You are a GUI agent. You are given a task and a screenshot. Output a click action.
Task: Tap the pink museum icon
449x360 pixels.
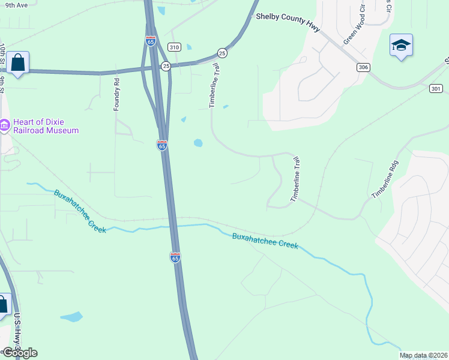click(4, 125)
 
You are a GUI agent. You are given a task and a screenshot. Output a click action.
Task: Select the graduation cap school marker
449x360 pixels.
click(401, 46)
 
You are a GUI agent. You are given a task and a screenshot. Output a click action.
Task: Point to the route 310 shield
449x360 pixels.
click(174, 47)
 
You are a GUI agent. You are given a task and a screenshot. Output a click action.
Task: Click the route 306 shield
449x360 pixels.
click(362, 67)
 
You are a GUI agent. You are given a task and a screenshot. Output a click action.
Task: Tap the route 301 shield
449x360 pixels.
click(436, 89)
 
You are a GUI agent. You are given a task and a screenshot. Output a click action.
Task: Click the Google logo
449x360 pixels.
click(19, 352)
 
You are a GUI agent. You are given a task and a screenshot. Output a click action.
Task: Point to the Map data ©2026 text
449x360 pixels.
click(423, 355)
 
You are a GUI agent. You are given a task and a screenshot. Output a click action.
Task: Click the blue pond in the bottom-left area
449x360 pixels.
click(71, 316)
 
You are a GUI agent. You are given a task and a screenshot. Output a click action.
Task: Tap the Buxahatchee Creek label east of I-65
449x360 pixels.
click(265, 241)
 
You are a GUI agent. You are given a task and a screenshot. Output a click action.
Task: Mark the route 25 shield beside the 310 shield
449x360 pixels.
click(166, 66)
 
